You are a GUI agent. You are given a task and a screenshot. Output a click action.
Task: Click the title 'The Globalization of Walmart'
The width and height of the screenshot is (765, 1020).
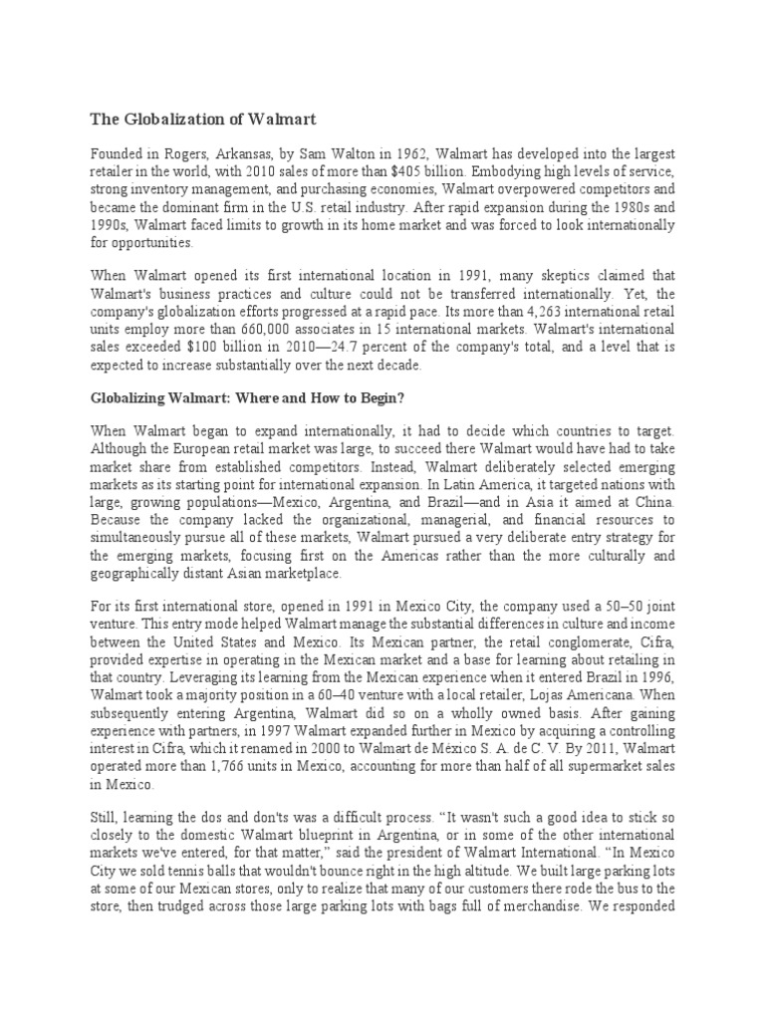point(203,120)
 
